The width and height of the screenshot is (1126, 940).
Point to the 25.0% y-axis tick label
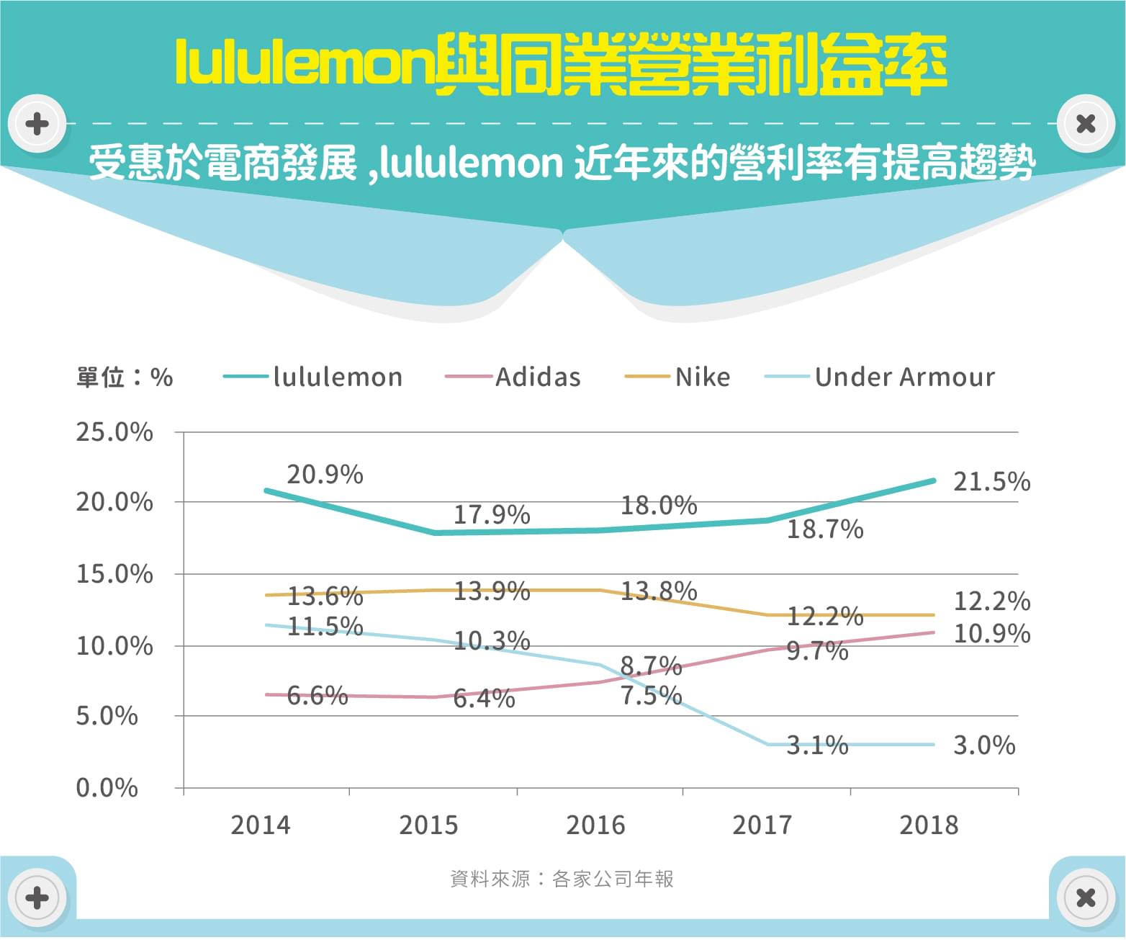(x=114, y=432)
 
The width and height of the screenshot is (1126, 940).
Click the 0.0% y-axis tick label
(x=107, y=788)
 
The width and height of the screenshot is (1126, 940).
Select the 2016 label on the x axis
(x=595, y=825)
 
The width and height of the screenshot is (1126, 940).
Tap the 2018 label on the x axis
(x=929, y=825)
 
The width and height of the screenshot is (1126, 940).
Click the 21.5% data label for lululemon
(x=991, y=482)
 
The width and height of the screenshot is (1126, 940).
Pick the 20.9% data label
(x=325, y=475)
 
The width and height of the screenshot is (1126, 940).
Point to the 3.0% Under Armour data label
(x=984, y=745)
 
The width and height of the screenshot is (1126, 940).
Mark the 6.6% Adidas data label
(x=317, y=696)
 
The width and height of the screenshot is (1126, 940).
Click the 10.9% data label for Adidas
(x=991, y=634)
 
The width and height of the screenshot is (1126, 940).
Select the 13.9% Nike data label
(x=491, y=591)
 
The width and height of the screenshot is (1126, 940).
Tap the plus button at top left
(x=37, y=124)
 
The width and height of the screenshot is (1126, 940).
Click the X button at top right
(x=1086, y=124)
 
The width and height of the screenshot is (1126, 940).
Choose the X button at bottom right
(x=1086, y=898)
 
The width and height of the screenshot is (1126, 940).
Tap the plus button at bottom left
(x=37, y=898)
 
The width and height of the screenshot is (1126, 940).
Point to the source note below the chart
(x=562, y=879)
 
